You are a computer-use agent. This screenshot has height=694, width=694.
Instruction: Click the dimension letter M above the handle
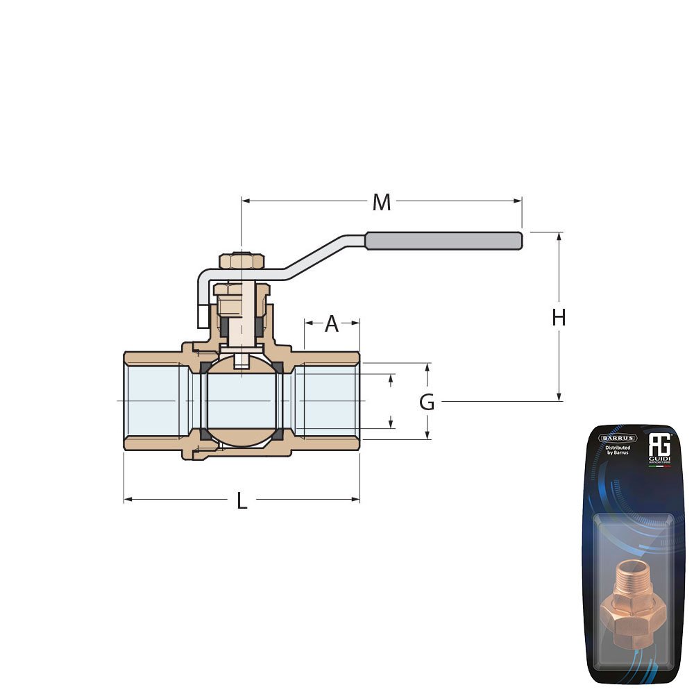pos(382,203)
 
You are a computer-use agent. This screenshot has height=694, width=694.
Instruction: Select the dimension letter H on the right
pos(559,318)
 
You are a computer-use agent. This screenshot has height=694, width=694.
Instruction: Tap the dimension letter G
pos(427,402)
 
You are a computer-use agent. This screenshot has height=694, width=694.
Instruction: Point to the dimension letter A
pos(332,323)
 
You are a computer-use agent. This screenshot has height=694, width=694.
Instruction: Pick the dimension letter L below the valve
pos(242,501)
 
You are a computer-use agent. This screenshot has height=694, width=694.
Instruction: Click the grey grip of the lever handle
pos(443,241)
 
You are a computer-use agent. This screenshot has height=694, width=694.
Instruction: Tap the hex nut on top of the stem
pos(242,261)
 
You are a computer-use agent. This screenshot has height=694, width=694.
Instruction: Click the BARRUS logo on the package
pos(618,438)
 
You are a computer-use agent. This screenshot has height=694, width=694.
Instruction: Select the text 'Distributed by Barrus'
pos(618,451)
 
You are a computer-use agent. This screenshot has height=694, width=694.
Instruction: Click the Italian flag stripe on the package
pos(659,466)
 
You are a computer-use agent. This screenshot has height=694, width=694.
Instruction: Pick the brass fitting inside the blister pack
pos(632,600)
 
